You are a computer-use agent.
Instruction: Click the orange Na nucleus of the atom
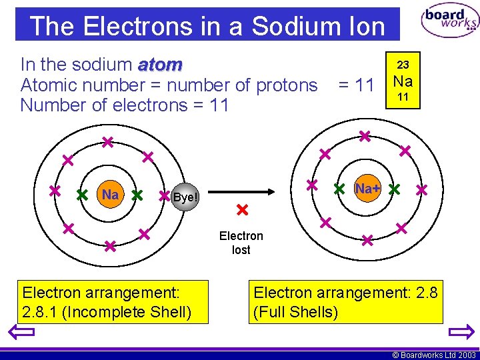pos(110,195)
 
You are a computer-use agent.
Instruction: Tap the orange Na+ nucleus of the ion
pos(367,189)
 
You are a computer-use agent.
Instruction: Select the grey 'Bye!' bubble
pos(185,197)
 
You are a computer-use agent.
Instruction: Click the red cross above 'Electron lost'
pos(242,211)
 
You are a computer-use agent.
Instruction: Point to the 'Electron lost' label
pos(241,243)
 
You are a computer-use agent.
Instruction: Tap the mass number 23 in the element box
pos(403,65)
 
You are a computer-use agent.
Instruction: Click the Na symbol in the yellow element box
pos(403,81)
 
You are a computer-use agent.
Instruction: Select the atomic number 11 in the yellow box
pos(403,97)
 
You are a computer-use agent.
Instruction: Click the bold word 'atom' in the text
pos(160,65)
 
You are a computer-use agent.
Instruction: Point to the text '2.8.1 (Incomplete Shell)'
pos(107,311)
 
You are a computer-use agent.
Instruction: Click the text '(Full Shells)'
pos(296,311)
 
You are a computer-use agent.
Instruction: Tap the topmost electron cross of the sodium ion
pos(365,136)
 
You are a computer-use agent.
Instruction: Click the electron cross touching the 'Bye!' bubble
pos(165,197)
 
